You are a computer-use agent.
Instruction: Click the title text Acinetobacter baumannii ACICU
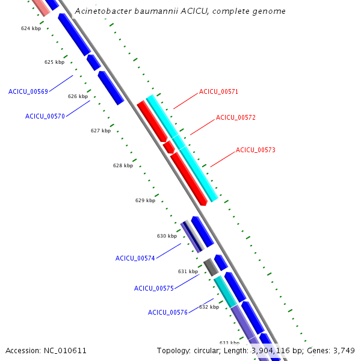pos(180,11)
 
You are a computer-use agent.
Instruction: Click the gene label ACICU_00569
pos(28,91)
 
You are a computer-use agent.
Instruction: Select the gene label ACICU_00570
pos(45,116)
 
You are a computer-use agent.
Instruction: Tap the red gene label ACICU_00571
pos(218,91)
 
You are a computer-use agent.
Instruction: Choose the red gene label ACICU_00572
pos(235,117)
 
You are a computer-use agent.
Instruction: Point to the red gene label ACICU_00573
pos(255,150)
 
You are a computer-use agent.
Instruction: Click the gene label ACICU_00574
pos(135,258)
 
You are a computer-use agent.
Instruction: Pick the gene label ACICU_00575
pos(153,288)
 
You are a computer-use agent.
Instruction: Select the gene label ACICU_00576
pos(167,312)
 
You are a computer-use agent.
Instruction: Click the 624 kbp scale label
pos(31,28)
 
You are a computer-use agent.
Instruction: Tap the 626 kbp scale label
pos(78,96)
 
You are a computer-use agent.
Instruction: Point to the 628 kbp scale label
pos(123,165)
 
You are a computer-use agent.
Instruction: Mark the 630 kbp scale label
pos(167,236)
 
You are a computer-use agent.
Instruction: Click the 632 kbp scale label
pos(209,307)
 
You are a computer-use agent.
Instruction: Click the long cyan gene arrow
pos(182,148)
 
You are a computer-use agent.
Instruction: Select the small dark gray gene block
pos(209,265)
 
